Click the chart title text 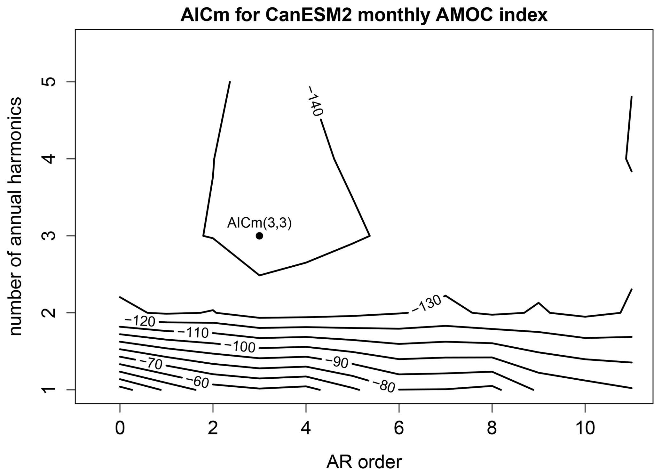click(x=364, y=15)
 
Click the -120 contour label click(x=140, y=321)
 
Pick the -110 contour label click(x=193, y=333)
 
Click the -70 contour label click(x=151, y=364)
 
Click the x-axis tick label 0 click(x=120, y=428)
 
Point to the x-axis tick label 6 click(x=399, y=428)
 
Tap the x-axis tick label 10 click(x=585, y=428)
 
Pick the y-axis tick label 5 click(x=49, y=82)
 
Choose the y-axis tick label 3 click(x=49, y=236)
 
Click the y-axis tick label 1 click(x=49, y=390)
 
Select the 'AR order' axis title click(x=364, y=462)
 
